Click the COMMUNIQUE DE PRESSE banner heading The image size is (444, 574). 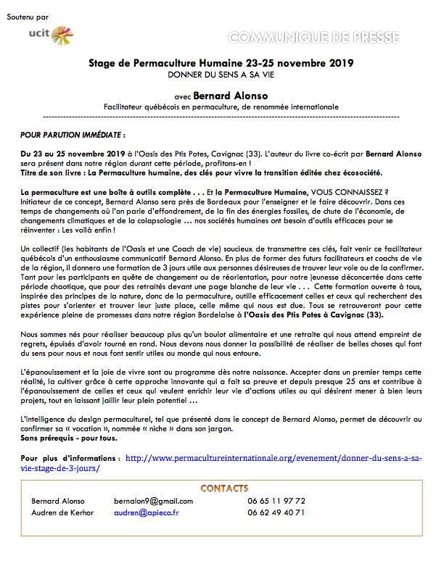point(323,37)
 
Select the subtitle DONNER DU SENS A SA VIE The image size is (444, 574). point(221,75)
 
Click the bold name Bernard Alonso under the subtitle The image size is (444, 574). point(231,94)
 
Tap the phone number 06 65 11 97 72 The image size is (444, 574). point(276,501)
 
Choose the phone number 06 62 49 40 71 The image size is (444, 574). point(276,512)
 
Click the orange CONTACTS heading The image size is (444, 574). point(224,488)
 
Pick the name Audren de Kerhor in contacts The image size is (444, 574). point(63,512)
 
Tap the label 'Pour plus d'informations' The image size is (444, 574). point(70,458)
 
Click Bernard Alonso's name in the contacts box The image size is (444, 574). point(58,501)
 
